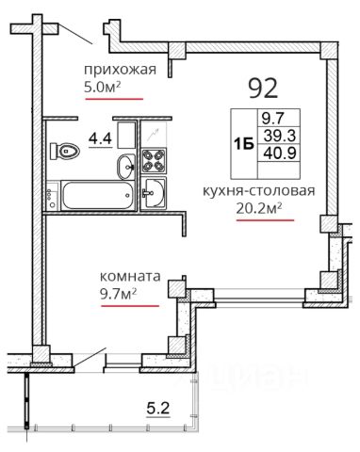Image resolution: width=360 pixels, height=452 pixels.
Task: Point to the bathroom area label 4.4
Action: click(99, 138)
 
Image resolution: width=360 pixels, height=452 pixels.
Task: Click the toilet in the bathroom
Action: click(66, 152)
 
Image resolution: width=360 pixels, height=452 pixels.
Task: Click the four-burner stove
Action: click(153, 161)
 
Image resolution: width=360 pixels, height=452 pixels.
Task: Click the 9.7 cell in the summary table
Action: click(272, 119)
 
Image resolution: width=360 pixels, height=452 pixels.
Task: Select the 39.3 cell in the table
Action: click(272, 135)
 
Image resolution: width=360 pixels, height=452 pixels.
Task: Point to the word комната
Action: click(130, 278)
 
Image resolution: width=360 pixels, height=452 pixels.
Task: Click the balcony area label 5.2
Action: click(157, 408)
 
